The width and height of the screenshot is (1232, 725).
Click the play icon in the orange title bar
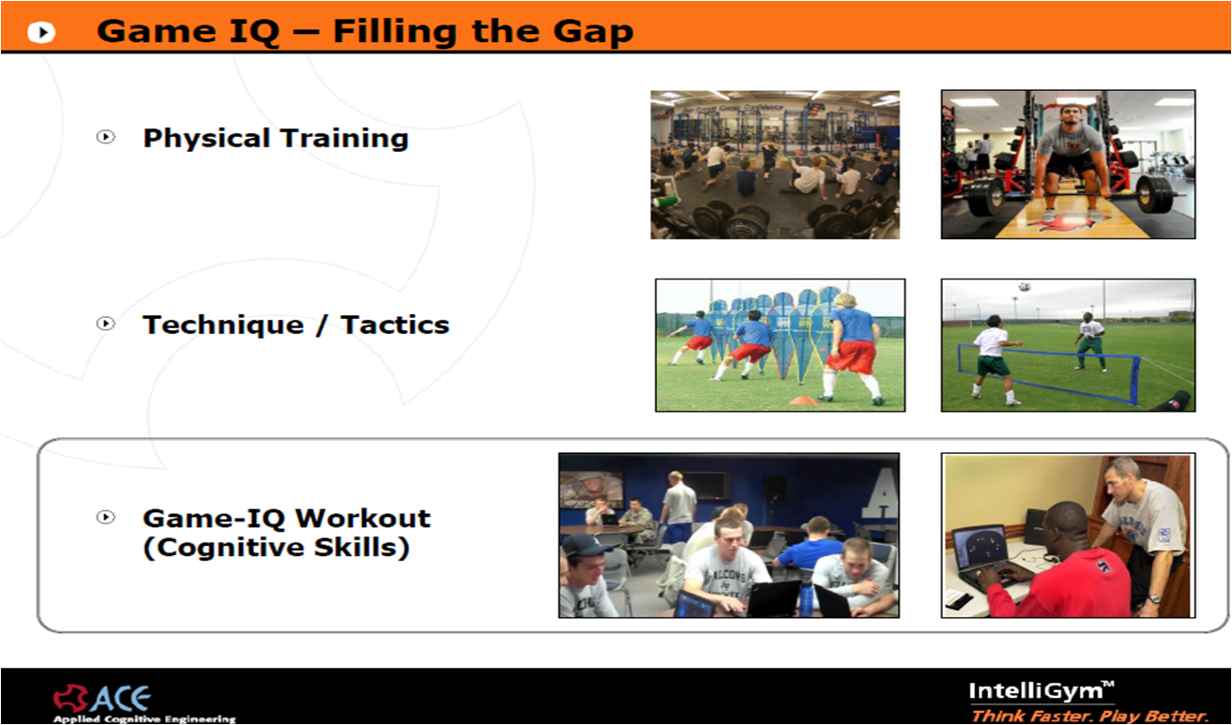[42, 32]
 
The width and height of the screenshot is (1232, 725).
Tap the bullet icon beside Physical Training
[106, 136]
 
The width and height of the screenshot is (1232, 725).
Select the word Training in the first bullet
[344, 138]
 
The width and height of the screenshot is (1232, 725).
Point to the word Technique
[223, 325]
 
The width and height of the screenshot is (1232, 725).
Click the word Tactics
[395, 325]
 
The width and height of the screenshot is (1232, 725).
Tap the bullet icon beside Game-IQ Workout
[106, 517]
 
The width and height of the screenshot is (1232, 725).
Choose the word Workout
[363, 519]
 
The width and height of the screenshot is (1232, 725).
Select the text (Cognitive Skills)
[276, 548]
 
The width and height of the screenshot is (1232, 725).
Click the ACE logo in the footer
[101, 699]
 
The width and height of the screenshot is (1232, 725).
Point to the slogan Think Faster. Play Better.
[1090, 717]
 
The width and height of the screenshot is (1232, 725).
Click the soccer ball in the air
[1024, 286]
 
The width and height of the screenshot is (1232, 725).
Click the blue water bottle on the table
[806, 593]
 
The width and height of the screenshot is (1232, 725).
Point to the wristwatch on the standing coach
[1154, 598]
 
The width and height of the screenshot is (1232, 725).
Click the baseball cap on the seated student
[589, 545]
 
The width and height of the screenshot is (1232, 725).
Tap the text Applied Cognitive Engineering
[144, 719]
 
